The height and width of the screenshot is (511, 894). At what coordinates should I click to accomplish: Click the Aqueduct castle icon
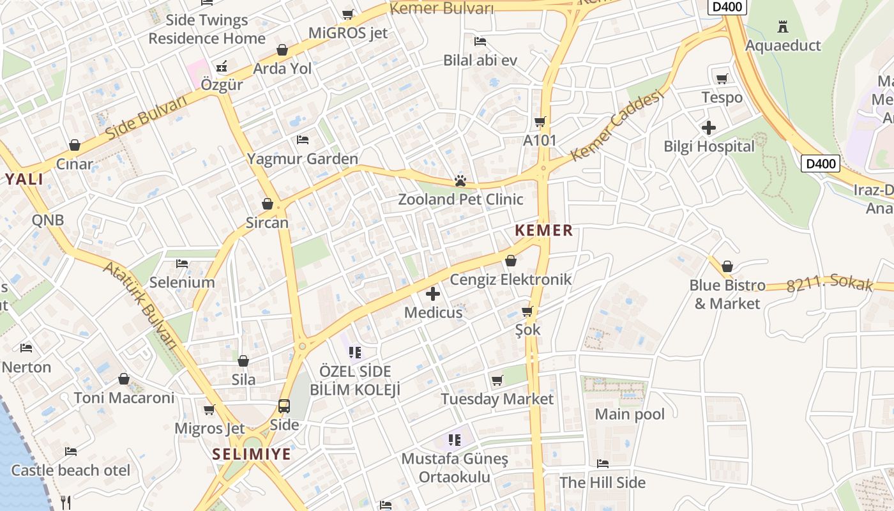782,27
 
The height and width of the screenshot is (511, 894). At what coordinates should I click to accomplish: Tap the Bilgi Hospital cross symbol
709,128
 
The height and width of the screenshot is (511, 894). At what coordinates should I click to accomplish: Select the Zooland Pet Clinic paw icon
460,181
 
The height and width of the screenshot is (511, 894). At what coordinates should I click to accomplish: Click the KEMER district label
544,231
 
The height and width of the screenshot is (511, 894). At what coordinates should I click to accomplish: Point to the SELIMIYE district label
252,455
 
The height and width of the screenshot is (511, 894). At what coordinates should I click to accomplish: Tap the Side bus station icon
284,406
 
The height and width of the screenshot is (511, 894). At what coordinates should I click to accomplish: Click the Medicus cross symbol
433,294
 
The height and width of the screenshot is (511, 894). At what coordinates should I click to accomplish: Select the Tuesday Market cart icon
497,381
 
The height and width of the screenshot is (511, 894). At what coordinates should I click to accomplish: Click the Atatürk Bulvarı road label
140,305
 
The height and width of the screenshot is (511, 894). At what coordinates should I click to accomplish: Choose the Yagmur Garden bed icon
303,140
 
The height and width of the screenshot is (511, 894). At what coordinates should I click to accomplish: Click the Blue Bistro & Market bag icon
727,266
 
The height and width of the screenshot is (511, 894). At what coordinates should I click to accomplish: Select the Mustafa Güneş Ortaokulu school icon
455,439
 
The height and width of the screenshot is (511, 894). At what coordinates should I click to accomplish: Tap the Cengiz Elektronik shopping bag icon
511,261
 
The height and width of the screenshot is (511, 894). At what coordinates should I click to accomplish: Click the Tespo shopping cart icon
722,79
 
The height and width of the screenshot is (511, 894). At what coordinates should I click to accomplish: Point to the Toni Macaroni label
124,398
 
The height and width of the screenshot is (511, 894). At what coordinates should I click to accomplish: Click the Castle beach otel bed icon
71,452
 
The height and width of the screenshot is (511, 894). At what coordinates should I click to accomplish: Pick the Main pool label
630,415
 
